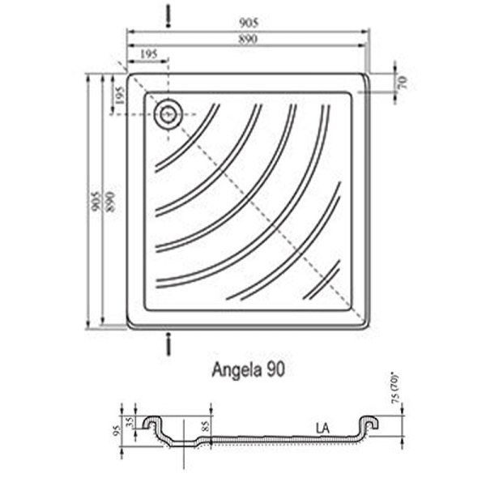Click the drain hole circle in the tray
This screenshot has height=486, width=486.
(168, 114)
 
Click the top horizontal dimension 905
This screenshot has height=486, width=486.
(248, 23)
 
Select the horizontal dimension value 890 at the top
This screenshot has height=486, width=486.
(248, 38)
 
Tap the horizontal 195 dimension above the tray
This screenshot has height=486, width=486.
(147, 53)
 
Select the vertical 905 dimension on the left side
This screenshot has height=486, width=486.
(95, 200)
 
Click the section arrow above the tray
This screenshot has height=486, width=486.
(168, 15)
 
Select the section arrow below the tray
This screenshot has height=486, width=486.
(168, 343)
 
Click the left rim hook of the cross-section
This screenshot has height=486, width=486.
(151, 423)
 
